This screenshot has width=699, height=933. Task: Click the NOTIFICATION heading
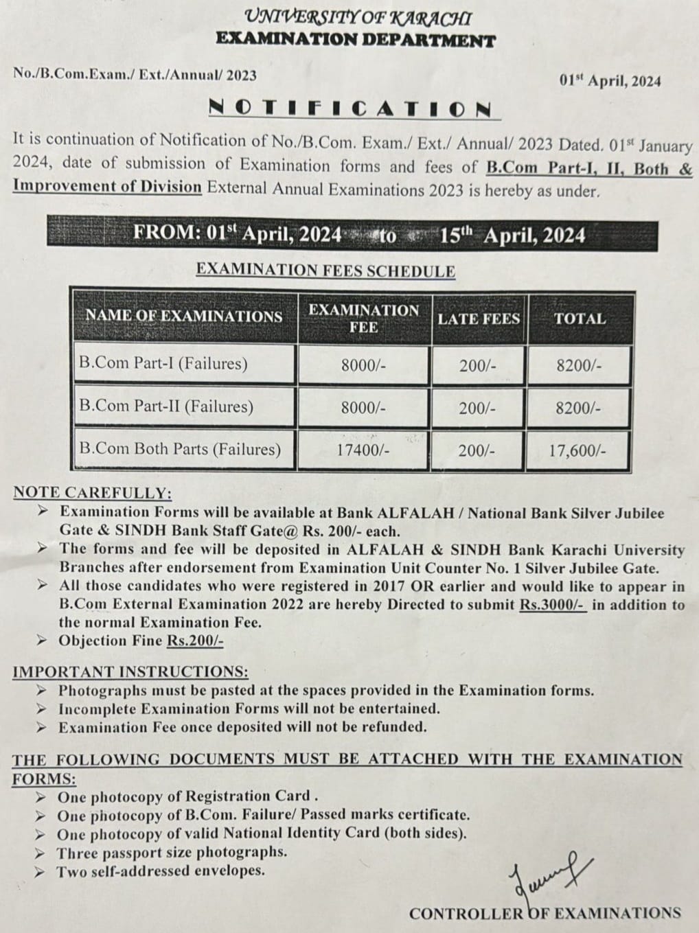(x=349, y=108)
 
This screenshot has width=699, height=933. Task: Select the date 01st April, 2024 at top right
(x=610, y=81)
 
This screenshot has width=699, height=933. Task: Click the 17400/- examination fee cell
(x=363, y=450)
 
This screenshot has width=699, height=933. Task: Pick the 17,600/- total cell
(x=577, y=451)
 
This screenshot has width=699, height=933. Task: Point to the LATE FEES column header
(x=479, y=319)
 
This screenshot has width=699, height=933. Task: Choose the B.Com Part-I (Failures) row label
(x=163, y=363)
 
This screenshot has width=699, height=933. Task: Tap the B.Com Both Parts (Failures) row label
(x=180, y=449)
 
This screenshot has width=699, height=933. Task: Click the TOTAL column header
(x=580, y=319)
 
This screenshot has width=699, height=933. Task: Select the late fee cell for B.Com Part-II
(x=478, y=408)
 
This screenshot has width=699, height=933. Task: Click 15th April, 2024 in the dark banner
(x=512, y=235)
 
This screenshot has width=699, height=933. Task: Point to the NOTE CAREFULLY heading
(x=92, y=493)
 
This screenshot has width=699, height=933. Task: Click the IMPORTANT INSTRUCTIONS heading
(x=130, y=671)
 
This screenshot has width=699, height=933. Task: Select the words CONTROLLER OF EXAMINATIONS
(x=545, y=913)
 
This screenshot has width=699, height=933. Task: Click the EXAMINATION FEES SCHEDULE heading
(x=325, y=270)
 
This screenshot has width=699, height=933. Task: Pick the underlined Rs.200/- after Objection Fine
(x=195, y=641)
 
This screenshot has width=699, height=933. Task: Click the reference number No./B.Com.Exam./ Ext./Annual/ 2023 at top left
(x=135, y=75)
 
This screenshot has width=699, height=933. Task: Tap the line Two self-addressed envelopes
(x=161, y=871)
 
